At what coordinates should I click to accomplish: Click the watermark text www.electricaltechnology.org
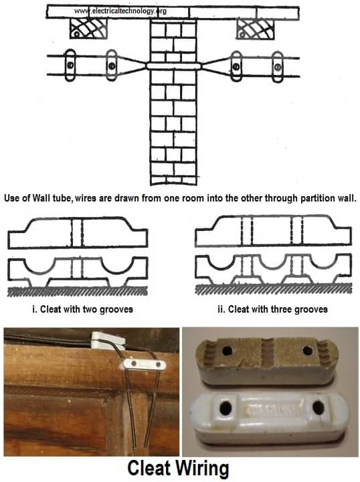click(120, 11)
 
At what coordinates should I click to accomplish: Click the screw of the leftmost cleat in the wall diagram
click(69, 65)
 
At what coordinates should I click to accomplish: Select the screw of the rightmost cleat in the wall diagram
click(277, 66)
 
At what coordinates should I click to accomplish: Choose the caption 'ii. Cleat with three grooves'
click(274, 309)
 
